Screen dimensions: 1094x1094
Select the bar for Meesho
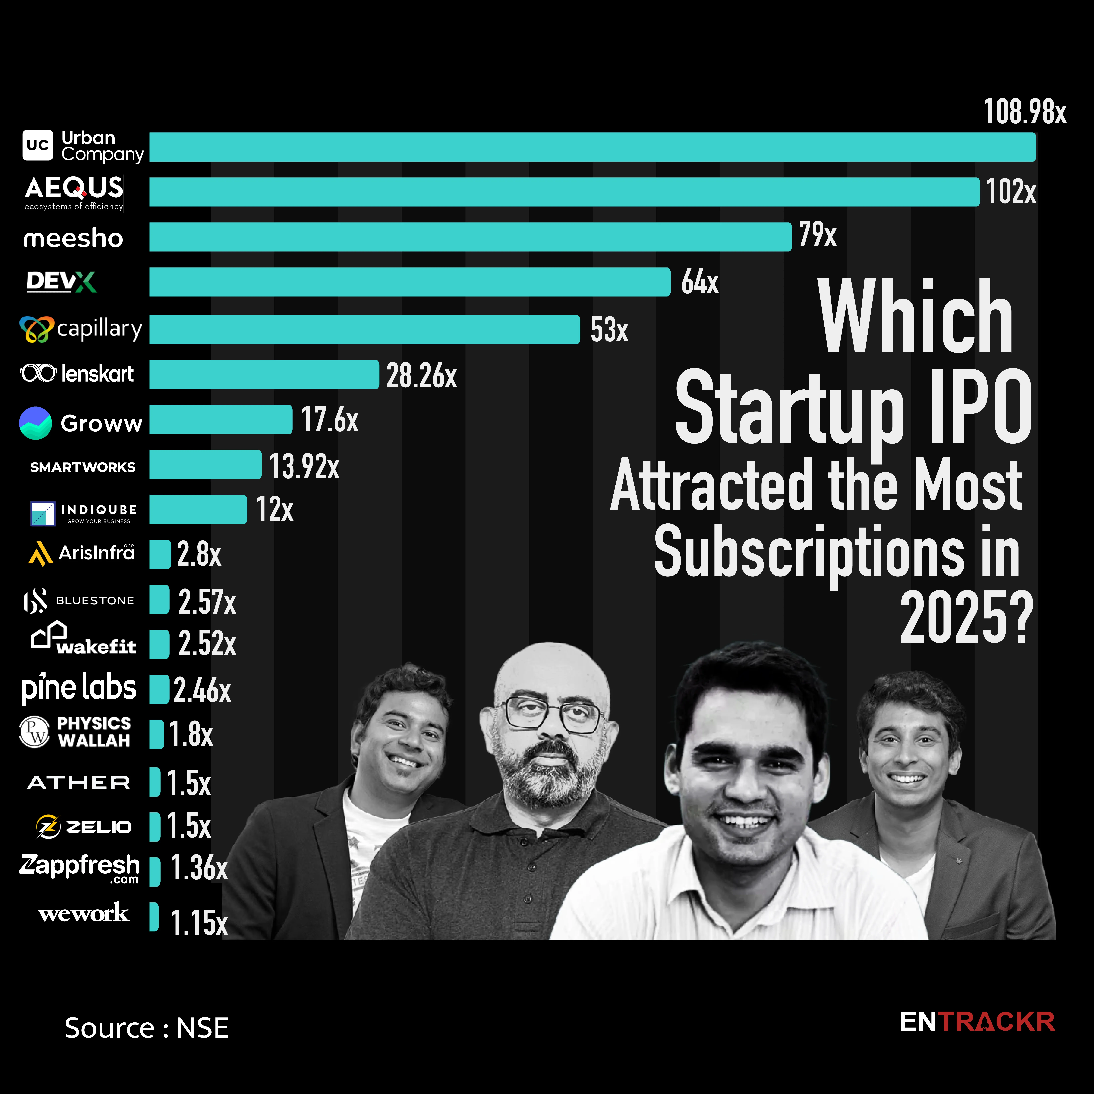470,237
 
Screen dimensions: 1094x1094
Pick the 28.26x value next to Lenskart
421,375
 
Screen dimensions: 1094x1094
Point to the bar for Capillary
365,330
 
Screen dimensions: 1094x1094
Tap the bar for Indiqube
198,510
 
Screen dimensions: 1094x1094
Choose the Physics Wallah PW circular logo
35,732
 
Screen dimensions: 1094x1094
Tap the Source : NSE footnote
146,1028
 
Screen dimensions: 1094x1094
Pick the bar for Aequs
564,192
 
